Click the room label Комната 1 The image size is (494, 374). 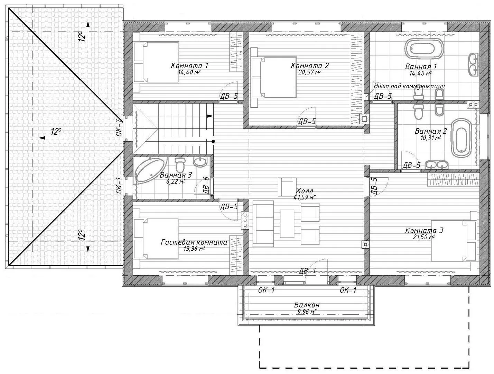[189, 66]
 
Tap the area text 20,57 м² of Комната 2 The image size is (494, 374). [309, 72]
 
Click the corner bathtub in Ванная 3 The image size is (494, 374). [150, 171]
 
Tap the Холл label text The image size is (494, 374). [305, 191]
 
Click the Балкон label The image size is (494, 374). [307, 305]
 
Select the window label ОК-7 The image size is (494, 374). [119, 128]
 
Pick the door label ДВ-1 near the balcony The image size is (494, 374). [307, 271]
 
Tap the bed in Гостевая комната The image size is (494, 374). [156, 239]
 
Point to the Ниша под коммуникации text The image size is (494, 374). [409, 86]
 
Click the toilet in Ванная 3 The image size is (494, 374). [180, 164]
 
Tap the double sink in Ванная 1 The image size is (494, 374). [474, 64]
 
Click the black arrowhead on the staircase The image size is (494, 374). [210, 116]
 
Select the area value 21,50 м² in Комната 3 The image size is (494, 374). [423, 237]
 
